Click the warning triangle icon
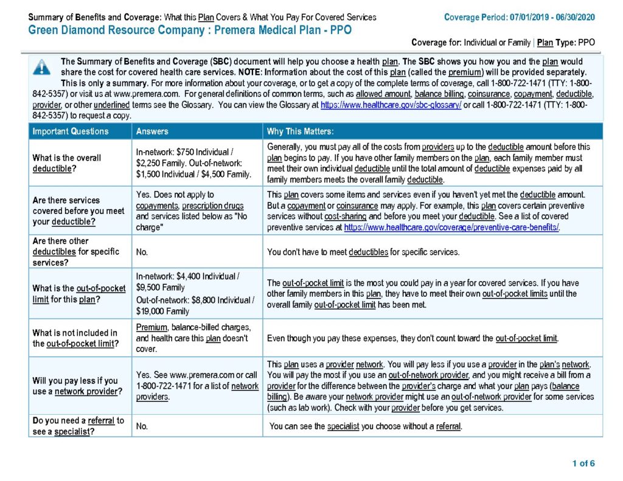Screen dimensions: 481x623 pos(42,67)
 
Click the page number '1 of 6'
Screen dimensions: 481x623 pos(583,463)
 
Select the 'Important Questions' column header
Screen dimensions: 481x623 pos(71,131)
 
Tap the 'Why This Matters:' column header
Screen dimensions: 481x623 pos(300,131)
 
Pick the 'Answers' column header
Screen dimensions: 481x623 pos(152,131)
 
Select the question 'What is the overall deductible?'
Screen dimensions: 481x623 pos(67,163)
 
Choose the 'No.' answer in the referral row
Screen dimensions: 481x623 pos(142,426)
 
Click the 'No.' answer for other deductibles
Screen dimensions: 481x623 pos(142,252)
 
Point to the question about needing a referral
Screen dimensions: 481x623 pos(78,426)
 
